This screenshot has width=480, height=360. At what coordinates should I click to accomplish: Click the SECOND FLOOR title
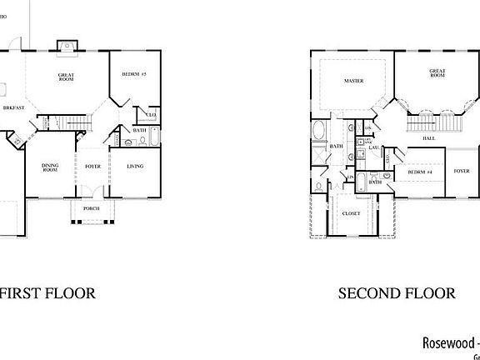coord(397,293)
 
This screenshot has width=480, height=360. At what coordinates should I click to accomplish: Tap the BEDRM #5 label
coord(133,74)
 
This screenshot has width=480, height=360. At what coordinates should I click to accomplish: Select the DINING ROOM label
coord(50,168)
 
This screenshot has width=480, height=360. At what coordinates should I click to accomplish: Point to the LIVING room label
coord(135,166)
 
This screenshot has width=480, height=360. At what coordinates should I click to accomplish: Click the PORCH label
coord(92,208)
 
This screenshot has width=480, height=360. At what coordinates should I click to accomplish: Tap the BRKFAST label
coord(12,108)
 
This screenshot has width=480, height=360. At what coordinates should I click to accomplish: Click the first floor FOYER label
coord(92,166)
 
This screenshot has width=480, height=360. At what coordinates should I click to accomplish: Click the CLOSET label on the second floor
coord(352,214)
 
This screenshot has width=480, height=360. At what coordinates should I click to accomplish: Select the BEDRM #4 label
coord(419,172)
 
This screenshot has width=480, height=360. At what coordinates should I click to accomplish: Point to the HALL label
coord(429,138)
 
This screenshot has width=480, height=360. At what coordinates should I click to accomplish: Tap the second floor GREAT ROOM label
coord(437,73)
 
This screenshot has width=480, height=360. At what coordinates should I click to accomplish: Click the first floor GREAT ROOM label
coord(67,77)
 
